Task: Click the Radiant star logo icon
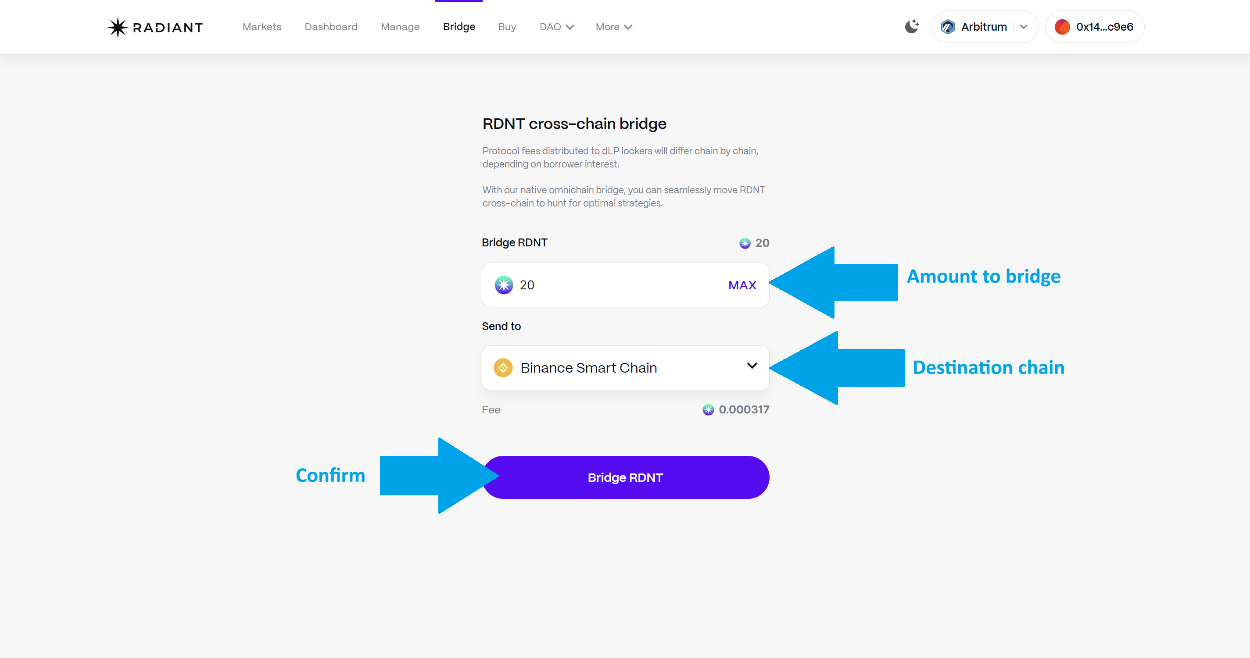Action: [x=118, y=27]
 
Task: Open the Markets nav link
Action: [x=261, y=27]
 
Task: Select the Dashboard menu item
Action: [x=331, y=27]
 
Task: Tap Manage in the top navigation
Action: [x=400, y=27]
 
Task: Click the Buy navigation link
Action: [x=507, y=27]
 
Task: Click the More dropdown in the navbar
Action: [x=613, y=27]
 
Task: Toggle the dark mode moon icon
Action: [x=911, y=27]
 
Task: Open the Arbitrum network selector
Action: [x=984, y=27]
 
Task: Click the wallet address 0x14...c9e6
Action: [x=1095, y=27]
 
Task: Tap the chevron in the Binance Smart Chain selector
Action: [x=752, y=366]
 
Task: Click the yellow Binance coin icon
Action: [x=503, y=367]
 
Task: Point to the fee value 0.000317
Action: [x=743, y=410]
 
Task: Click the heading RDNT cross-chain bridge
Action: [x=574, y=124]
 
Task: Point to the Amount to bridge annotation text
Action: [x=983, y=276]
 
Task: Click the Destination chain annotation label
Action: [x=988, y=367]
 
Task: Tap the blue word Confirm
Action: [x=330, y=476]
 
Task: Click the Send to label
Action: [x=501, y=326]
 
